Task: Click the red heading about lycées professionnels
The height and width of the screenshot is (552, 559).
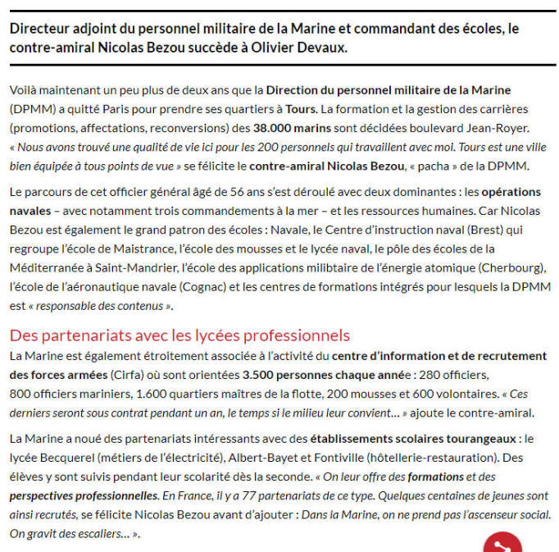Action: (180, 335)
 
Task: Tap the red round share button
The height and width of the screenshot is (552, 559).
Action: (502, 543)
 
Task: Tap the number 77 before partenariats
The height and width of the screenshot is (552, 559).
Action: (257, 495)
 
